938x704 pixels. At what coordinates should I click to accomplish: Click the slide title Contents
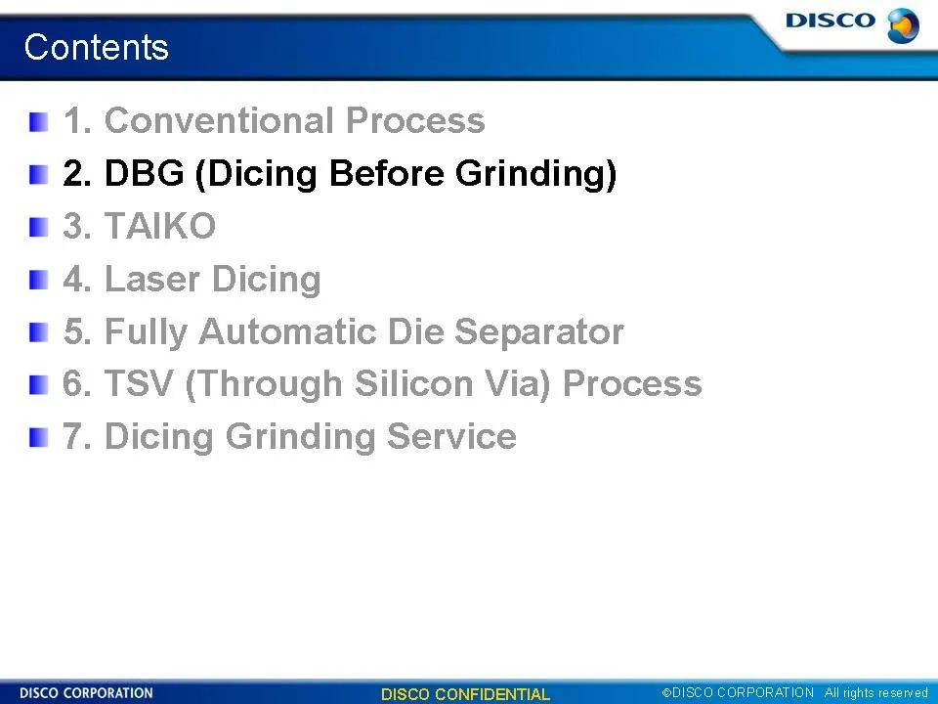click(97, 47)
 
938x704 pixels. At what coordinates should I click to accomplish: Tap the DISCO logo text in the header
click(831, 21)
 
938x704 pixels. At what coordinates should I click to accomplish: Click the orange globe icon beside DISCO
click(903, 25)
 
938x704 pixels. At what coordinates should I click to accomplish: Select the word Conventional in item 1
click(219, 119)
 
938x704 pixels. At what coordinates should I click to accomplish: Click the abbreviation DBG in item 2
click(145, 173)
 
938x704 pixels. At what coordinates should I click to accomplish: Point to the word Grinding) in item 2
click(535, 174)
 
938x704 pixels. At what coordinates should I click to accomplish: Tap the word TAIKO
click(159, 226)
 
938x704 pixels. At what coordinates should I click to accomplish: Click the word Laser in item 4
click(152, 279)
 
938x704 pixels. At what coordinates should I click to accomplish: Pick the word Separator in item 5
click(539, 331)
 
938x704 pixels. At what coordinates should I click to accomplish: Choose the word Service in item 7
click(451, 436)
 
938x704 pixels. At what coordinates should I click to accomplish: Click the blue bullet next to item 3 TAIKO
click(38, 228)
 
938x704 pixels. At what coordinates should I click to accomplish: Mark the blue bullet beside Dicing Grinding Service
click(38, 438)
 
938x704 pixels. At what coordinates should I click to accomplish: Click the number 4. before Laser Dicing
click(77, 280)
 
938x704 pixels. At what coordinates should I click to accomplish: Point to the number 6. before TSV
click(77, 383)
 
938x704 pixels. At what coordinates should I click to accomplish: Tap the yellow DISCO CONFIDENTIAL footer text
click(465, 694)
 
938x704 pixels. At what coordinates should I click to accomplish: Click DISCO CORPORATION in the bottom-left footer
click(86, 693)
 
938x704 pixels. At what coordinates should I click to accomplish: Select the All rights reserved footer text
click(875, 692)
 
